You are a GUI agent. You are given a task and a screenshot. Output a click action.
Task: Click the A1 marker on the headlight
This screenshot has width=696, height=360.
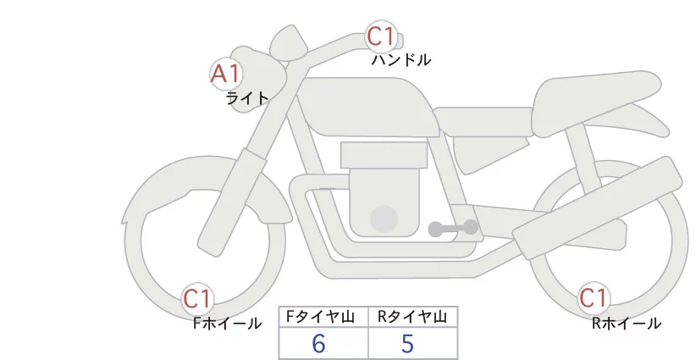tap(226, 74)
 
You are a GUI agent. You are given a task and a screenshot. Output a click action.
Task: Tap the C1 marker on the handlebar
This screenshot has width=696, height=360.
tap(381, 36)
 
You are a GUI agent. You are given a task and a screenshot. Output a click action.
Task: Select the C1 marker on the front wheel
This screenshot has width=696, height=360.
tap(197, 299)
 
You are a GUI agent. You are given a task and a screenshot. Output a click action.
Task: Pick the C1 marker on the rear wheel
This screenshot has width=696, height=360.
tap(593, 298)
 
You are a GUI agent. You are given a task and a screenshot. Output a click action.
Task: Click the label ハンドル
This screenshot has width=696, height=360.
tap(400, 59)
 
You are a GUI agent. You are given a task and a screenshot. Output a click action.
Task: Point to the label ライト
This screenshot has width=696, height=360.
tap(247, 97)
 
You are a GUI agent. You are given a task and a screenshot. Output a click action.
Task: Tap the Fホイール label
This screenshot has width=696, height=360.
tap(227, 324)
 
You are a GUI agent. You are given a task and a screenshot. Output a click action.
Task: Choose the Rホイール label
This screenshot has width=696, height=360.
tap(627, 324)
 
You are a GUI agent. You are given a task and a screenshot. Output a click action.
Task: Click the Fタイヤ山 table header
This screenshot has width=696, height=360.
tap(320, 317)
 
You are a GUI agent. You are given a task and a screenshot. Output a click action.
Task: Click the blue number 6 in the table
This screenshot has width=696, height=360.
tap(318, 343)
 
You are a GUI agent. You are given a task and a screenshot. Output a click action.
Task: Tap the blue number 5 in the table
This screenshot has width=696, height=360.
tap(407, 343)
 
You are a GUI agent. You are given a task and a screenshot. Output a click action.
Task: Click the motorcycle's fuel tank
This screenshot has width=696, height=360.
tap(368, 107)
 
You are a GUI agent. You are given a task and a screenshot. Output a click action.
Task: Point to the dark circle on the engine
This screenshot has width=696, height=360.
tap(384, 219)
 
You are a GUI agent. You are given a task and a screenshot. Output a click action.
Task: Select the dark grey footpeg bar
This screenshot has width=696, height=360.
tap(453, 228)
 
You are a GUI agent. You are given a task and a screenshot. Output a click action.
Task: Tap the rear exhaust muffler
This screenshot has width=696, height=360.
tap(597, 208)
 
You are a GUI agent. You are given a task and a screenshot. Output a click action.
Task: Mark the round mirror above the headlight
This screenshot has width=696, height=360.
tap(289, 43)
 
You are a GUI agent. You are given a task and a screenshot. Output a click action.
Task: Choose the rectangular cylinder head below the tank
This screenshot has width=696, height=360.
tap(384, 155)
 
